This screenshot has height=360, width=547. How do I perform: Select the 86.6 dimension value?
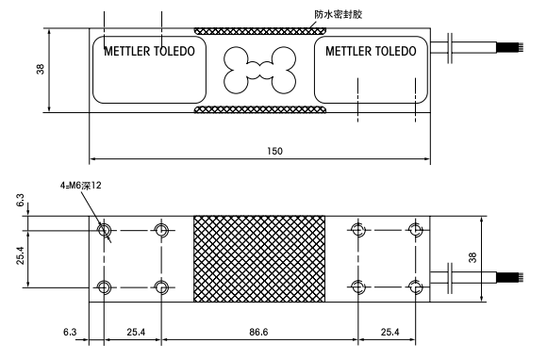[x=258, y=333]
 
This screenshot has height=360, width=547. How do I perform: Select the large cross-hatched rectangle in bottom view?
[x=258, y=259]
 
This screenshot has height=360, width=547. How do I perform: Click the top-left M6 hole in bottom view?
[x=104, y=230]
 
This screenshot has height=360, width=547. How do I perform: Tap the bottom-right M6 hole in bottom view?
[x=414, y=287]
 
